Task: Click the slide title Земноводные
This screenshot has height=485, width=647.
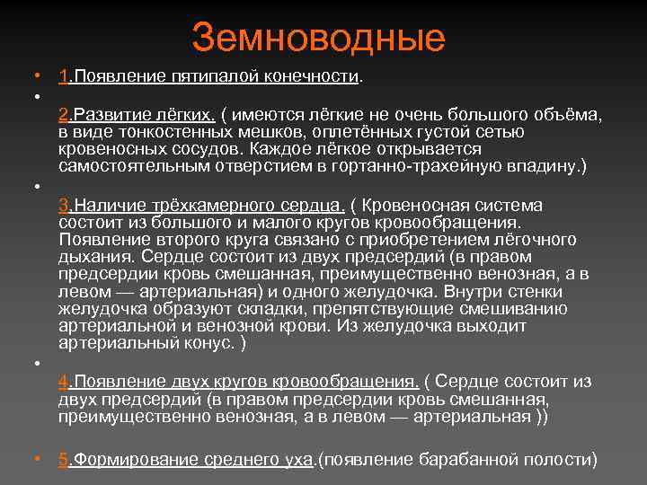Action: [x=318, y=38]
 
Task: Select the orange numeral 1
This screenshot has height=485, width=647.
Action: [x=63, y=77]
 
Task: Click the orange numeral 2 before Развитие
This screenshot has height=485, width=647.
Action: [x=63, y=116]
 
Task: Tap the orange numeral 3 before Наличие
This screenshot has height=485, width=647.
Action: [x=63, y=206]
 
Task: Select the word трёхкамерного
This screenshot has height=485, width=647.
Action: [x=208, y=206]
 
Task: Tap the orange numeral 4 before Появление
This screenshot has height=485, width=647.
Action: [x=63, y=382]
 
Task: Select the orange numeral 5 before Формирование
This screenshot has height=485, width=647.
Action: [x=63, y=459]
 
